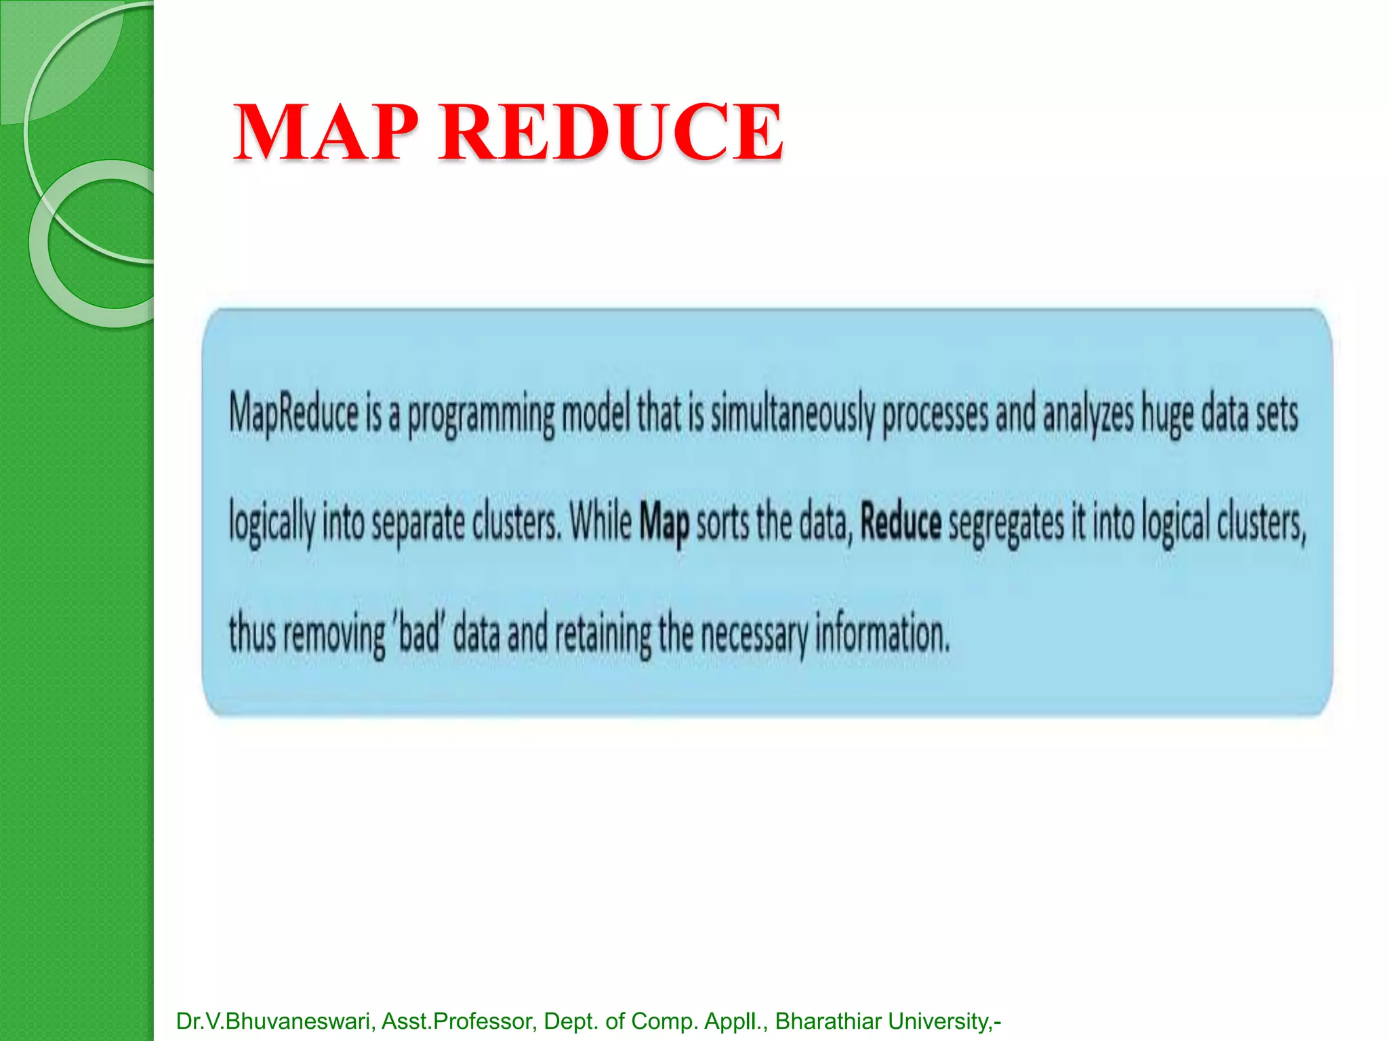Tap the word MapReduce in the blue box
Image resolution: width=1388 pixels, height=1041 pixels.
293,413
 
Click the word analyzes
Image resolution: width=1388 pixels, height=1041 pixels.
1088,415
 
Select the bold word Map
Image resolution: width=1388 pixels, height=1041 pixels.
664,523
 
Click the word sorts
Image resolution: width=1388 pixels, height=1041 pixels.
722,523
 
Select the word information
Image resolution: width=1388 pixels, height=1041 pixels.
882,633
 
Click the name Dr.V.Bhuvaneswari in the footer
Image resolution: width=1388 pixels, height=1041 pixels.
274,1021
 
